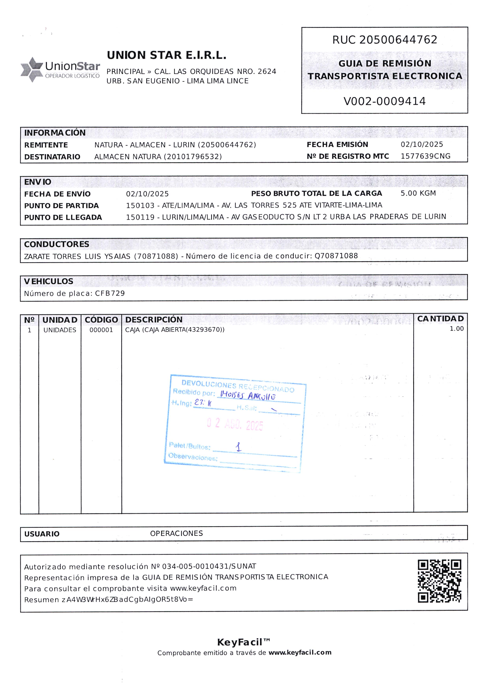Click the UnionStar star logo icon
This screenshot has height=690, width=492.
(32, 69)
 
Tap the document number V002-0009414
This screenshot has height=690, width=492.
(384, 101)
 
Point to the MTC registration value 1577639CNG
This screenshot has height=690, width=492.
(425, 156)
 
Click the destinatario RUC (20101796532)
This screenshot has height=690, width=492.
(195, 157)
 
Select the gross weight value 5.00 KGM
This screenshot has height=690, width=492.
(418, 193)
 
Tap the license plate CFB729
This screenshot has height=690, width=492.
(110, 293)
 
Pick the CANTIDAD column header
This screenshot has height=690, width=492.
(440, 319)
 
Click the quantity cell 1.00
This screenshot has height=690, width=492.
(456, 329)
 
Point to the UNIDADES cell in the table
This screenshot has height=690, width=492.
(60, 330)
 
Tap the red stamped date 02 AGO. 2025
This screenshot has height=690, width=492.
(235, 424)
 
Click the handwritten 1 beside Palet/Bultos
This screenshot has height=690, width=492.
(239, 447)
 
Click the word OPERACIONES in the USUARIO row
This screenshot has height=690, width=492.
(176, 533)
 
